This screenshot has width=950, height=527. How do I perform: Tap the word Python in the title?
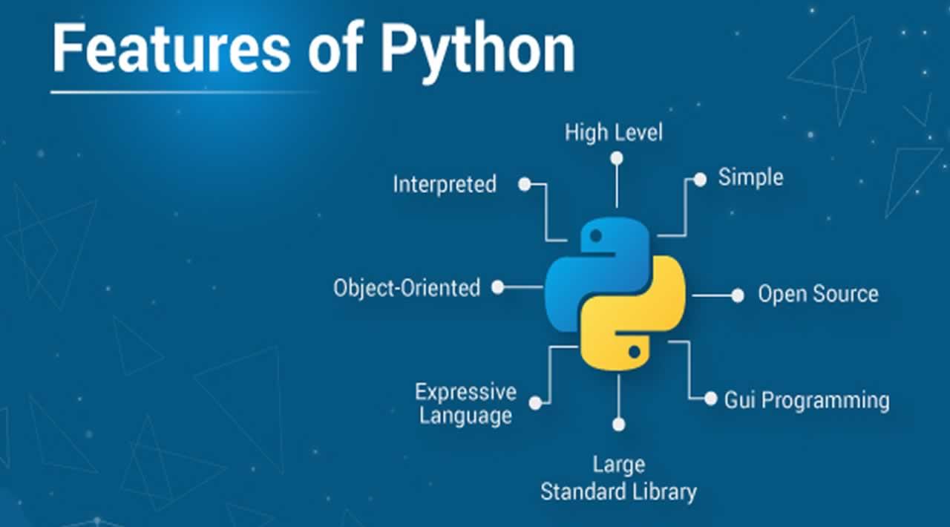click(x=478, y=50)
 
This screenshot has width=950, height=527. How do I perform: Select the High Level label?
click(x=614, y=133)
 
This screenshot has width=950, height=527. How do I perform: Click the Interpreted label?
click(x=445, y=184)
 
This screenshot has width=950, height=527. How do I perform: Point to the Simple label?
click(x=750, y=177)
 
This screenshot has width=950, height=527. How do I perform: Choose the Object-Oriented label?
click(x=407, y=287)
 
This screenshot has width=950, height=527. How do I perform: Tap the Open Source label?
click(x=818, y=294)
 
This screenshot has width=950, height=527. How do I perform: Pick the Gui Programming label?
click(x=807, y=401)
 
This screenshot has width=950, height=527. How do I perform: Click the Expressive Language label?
click(x=465, y=403)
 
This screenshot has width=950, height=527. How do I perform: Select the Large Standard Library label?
click(x=618, y=479)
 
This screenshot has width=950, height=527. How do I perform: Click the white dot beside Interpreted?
click(x=525, y=184)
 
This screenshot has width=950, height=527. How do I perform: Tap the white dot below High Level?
click(x=616, y=158)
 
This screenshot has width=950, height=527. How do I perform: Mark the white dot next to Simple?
click(x=699, y=179)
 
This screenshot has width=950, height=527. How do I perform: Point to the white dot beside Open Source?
click(x=737, y=295)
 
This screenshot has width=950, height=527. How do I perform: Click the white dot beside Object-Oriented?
click(x=498, y=287)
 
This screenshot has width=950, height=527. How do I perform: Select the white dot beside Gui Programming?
click(x=710, y=398)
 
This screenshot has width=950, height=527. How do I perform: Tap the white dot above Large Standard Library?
click(x=619, y=424)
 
